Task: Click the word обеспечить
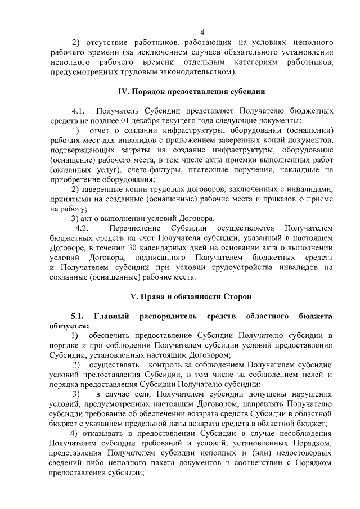[116, 336]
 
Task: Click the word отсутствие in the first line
[105, 42]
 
